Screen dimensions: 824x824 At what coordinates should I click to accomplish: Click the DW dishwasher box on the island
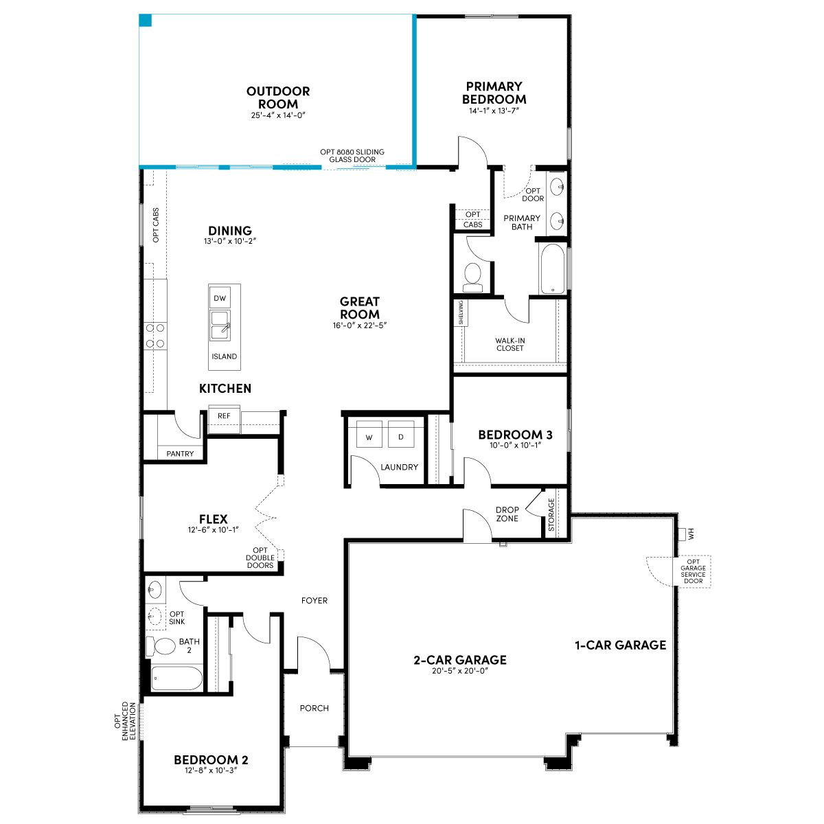[x=220, y=298]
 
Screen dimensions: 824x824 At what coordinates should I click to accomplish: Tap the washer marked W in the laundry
[x=369, y=434]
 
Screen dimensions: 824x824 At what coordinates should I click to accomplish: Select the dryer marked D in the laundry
[x=400, y=434]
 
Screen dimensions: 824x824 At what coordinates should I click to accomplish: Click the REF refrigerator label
[x=224, y=415]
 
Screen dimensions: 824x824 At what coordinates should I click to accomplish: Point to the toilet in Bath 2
[x=161, y=646]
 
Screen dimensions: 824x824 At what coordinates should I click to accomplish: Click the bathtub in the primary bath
[x=553, y=269]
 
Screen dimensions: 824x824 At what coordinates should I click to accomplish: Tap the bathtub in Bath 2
[x=177, y=678]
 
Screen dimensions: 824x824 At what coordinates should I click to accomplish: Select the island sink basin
[x=220, y=326]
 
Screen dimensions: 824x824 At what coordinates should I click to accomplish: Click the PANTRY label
[x=180, y=454]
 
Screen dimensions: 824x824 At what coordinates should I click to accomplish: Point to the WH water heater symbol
[x=686, y=534]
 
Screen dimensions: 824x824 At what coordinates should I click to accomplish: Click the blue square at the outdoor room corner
[x=146, y=20]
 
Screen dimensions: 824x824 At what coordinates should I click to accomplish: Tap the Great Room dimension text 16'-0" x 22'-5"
[x=360, y=325]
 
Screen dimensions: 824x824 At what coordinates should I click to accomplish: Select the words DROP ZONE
[x=507, y=514]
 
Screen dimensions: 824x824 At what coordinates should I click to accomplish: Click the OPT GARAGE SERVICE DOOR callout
[x=693, y=571]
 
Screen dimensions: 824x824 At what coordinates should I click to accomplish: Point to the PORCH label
[x=314, y=708]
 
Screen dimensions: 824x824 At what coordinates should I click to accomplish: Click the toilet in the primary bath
[x=472, y=276]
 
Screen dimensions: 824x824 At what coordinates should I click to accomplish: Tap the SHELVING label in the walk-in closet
[x=461, y=312]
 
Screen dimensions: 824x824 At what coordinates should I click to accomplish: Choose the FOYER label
[x=314, y=600]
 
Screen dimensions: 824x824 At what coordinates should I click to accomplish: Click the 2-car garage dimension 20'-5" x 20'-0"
[x=459, y=671]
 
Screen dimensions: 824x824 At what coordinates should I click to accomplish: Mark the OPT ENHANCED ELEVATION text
[x=125, y=721]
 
